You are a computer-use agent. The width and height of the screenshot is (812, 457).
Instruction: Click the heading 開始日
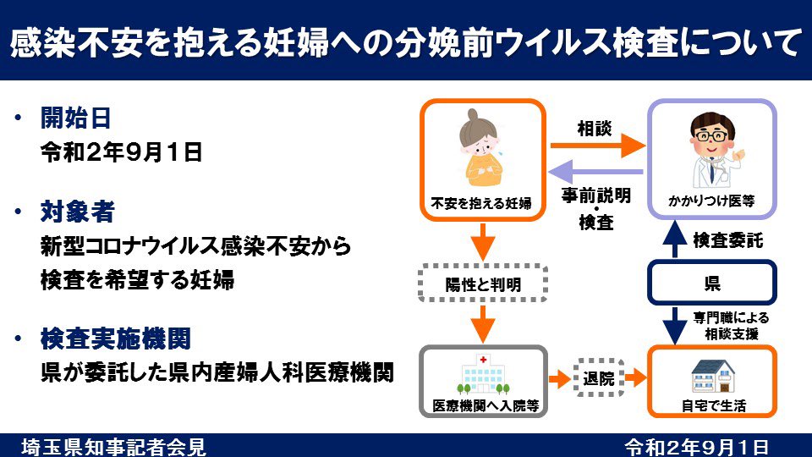click(76, 118)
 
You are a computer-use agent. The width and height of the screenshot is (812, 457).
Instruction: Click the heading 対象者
click(76, 211)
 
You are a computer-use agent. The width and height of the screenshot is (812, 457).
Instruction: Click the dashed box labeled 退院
click(599, 377)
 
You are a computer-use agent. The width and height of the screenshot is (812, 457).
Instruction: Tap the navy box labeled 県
click(710, 282)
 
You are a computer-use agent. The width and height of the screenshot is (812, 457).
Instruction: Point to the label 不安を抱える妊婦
click(480, 203)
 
